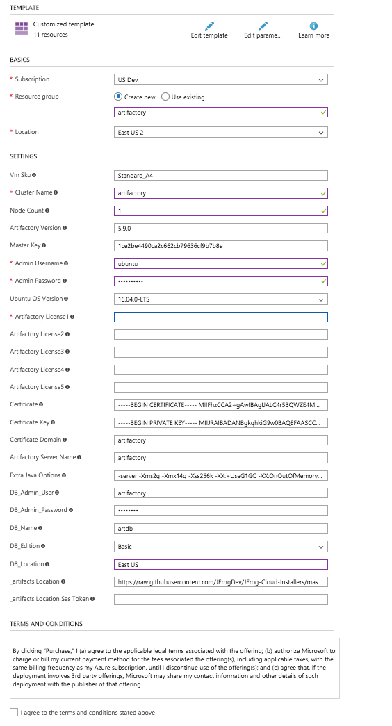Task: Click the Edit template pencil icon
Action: click(209, 26)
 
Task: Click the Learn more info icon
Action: click(313, 26)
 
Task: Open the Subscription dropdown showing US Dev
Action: click(220, 79)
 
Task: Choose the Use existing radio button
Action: click(165, 97)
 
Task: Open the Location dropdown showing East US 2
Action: click(220, 132)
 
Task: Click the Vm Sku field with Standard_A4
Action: click(220, 176)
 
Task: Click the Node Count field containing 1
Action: click(220, 211)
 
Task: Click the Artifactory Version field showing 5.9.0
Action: click(220, 228)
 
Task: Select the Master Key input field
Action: click(220, 246)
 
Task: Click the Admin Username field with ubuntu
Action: click(220, 263)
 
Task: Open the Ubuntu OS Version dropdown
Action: click(220, 299)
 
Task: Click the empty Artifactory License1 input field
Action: click(220, 317)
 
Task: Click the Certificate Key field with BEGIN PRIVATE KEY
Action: click(220, 422)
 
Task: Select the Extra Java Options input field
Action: click(220, 475)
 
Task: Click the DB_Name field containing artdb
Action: click(220, 529)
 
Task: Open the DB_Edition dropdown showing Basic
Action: click(220, 546)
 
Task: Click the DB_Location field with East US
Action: click(220, 564)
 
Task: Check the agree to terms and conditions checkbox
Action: click(14, 712)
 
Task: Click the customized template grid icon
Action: click(22, 28)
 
